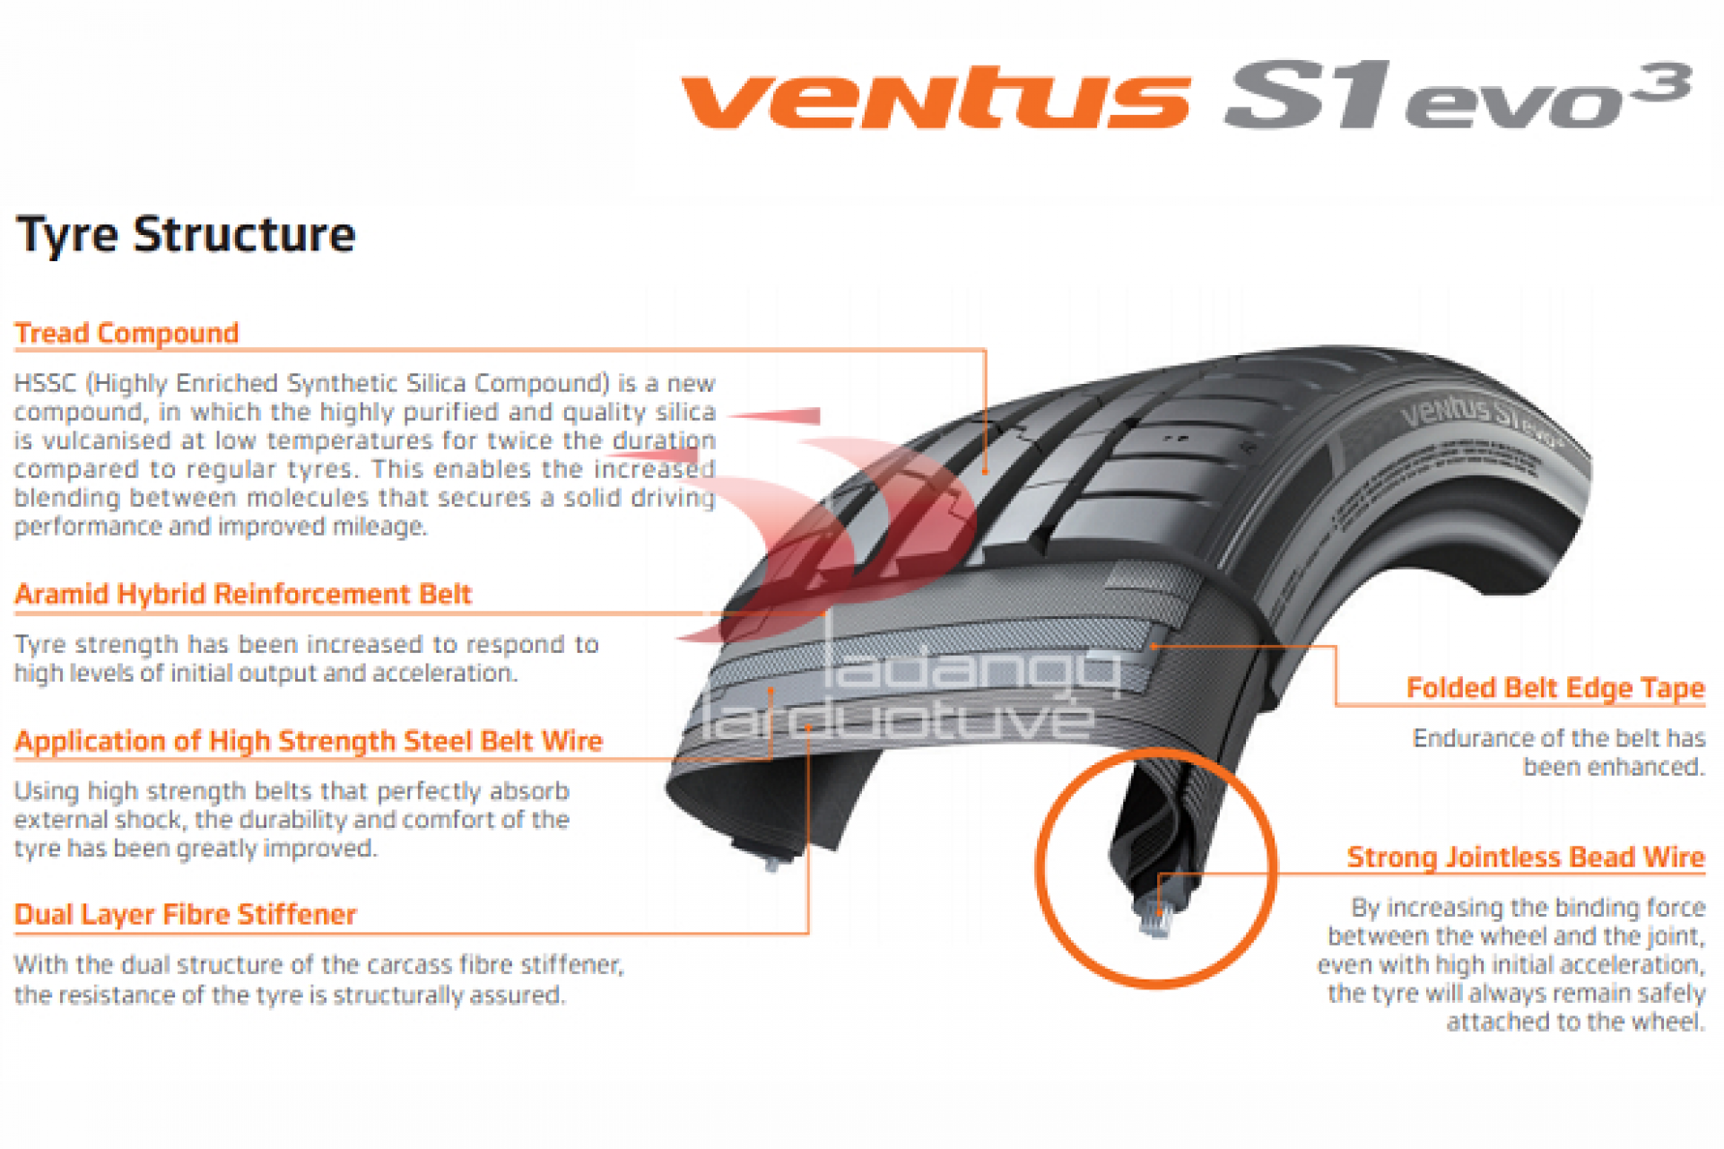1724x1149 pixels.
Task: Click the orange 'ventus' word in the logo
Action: (x=935, y=99)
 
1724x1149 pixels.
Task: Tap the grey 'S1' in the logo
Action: (x=1306, y=97)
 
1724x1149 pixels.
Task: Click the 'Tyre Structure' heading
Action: (x=186, y=235)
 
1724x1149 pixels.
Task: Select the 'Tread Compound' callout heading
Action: (x=126, y=334)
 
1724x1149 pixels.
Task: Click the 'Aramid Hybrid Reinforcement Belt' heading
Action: (x=242, y=595)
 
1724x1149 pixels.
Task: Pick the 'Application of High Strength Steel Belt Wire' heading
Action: (x=308, y=742)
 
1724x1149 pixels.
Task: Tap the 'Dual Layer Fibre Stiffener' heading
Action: (x=185, y=915)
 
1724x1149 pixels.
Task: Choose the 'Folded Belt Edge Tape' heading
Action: (x=1554, y=688)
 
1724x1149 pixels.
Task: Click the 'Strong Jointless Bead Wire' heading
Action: (x=1525, y=857)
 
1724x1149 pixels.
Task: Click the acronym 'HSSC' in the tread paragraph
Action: (x=45, y=384)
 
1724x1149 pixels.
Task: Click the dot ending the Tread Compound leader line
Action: (x=985, y=470)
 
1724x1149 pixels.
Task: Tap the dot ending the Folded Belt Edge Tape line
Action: (x=1154, y=645)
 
